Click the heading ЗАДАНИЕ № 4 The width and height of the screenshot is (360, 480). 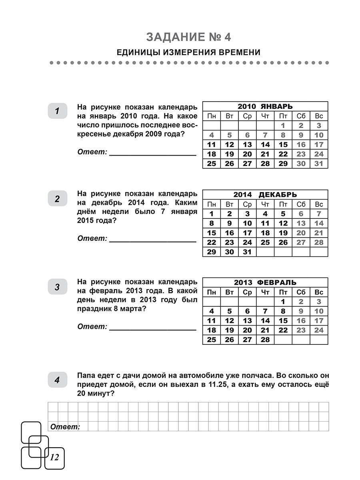point(188,37)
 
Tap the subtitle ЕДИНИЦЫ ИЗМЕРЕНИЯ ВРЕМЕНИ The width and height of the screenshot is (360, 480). point(188,52)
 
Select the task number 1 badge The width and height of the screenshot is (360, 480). point(57,111)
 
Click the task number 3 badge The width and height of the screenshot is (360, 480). point(57,287)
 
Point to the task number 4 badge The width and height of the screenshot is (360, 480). point(57,380)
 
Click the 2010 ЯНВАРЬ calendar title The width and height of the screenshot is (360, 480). point(265,106)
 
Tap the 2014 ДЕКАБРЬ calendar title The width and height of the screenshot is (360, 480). point(265,195)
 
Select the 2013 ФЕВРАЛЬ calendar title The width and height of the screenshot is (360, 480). point(265,282)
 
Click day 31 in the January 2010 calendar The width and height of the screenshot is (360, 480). point(319,164)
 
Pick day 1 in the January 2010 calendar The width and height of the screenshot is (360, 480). point(283,126)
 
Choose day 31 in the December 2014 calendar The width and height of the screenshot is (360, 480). point(247,252)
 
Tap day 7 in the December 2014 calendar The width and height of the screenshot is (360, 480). point(319,214)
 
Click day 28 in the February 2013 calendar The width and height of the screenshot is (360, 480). point(265,340)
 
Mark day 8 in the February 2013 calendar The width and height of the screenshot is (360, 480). point(283,311)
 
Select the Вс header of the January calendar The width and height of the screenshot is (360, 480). point(319,116)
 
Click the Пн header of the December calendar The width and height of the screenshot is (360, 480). point(212,204)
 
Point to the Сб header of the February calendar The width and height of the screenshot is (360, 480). point(301,292)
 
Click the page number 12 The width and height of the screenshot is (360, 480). point(54,457)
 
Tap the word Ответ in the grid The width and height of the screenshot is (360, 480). point(65,427)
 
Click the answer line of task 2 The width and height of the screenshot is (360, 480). point(152,242)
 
